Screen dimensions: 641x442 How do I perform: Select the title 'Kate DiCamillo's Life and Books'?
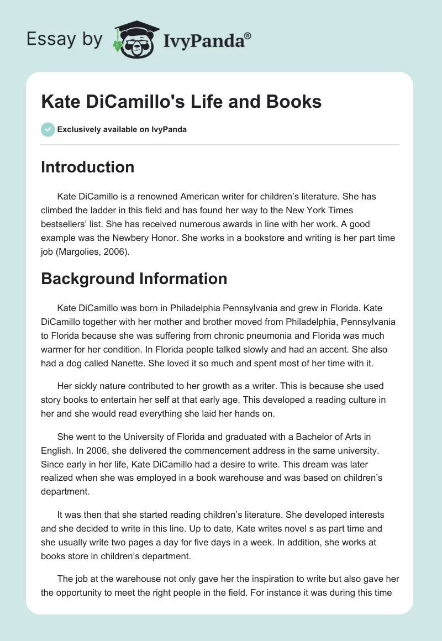point(182,102)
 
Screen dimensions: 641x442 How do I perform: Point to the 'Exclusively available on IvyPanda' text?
point(122,130)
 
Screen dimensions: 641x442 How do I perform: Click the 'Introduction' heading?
point(87,167)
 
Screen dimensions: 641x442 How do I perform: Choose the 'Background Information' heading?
point(134,279)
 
